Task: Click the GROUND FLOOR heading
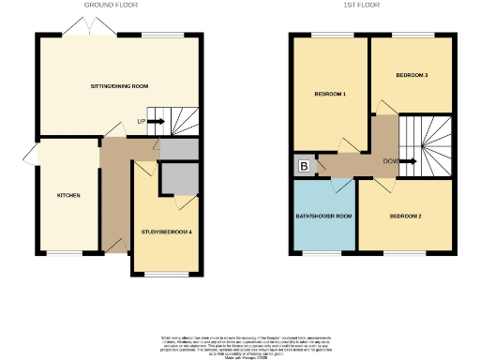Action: coord(112,5)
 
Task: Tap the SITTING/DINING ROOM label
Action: coord(119,86)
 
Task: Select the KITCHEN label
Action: coord(67,195)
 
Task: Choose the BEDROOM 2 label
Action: coord(405,217)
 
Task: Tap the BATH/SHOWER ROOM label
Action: coord(324,217)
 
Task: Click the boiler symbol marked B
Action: coord(304,166)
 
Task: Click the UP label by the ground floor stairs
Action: coord(141,121)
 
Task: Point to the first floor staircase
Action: coord(427,145)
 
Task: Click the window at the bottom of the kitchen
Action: coord(67,253)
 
